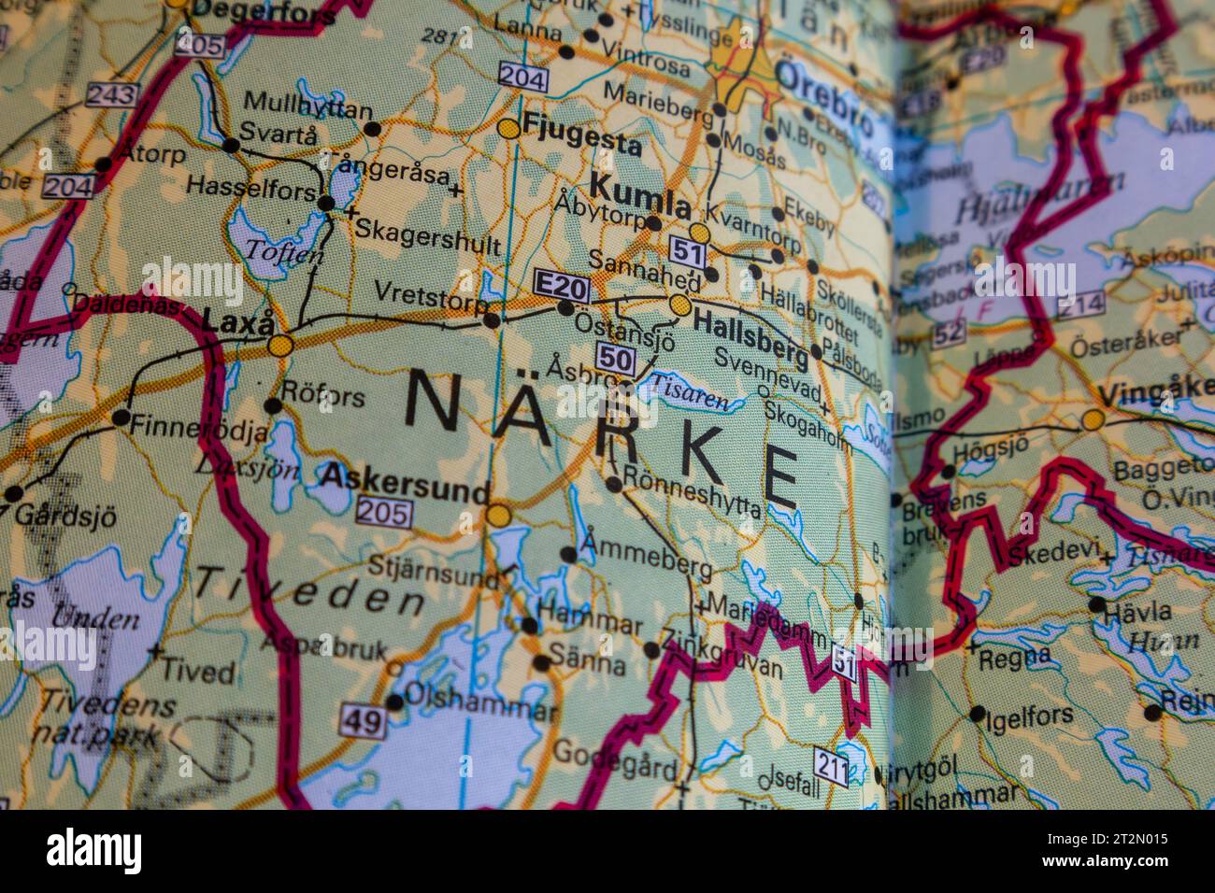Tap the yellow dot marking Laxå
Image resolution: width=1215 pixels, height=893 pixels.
point(279,346)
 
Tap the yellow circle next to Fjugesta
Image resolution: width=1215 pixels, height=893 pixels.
point(509,130)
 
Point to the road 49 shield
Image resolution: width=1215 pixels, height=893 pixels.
point(362,719)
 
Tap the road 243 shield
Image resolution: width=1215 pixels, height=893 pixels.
point(112,94)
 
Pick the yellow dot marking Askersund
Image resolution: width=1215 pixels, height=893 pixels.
point(498,515)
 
